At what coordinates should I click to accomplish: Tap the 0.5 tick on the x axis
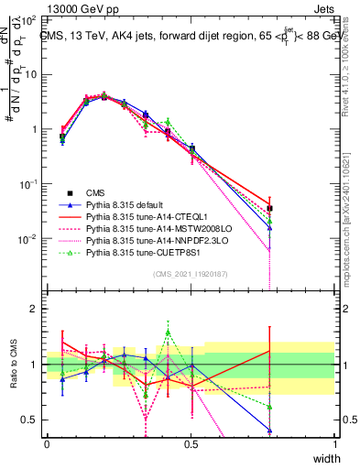point(191,443)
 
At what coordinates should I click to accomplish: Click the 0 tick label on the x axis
point(47,443)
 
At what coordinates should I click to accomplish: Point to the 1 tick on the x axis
point(335,443)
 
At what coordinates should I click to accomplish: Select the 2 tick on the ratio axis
point(35,309)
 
